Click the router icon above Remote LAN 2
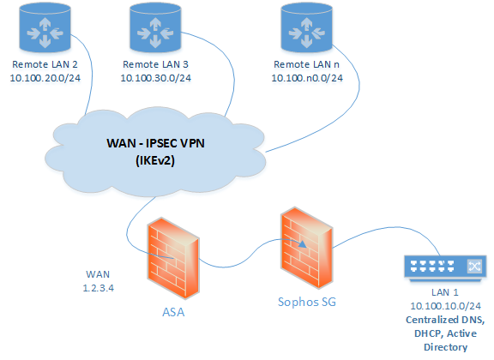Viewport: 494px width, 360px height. click(45, 28)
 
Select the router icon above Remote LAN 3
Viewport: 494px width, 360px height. click(155, 28)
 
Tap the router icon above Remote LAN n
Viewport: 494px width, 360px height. click(306, 28)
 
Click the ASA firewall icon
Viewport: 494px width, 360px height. click(173, 258)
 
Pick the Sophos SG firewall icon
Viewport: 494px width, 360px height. click(307, 248)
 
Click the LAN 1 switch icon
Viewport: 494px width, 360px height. click(445, 267)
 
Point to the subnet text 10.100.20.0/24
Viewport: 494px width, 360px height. click(45, 78)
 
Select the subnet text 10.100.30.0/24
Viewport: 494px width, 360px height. click(155, 78)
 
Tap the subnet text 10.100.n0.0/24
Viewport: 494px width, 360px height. click(307, 78)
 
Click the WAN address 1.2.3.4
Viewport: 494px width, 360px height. click(99, 288)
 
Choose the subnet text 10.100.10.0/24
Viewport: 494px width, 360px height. click(445, 306)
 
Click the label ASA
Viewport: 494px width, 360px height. click(173, 312)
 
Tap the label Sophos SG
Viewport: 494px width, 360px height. click(307, 302)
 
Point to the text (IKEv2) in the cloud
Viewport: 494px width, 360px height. click(155, 160)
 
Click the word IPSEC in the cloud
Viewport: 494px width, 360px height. click(161, 143)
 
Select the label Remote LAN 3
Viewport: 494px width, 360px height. click(155, 64)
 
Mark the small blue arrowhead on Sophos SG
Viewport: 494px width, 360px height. click(303, 244)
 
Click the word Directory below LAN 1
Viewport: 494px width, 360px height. click(445, 347)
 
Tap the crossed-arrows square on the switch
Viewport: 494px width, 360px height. click(474, 266)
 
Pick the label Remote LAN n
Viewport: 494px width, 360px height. click(306, 64)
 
